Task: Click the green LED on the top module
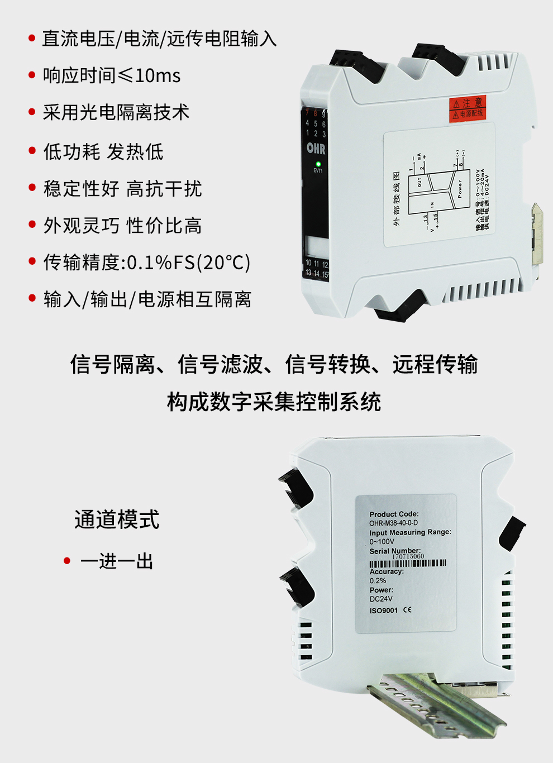[318, 164]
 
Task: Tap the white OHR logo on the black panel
[316, 149]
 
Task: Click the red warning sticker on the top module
[468, 108]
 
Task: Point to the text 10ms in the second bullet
[158, 75]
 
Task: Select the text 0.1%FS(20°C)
[189, 263]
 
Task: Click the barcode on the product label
[408, 563]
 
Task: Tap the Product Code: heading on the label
[394, 514]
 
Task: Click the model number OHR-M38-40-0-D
[393, 523]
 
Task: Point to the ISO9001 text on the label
[384, 611]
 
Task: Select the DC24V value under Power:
[381, 599]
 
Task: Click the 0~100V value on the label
[382, 541]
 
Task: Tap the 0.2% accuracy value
[378, 580]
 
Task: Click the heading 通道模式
[117, 519]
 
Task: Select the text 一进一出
[117, 561]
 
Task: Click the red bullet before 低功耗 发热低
[32, 151]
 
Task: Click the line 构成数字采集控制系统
[274, 402]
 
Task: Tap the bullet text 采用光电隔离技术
[116, 112]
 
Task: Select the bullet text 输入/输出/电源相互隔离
[147, 299]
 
